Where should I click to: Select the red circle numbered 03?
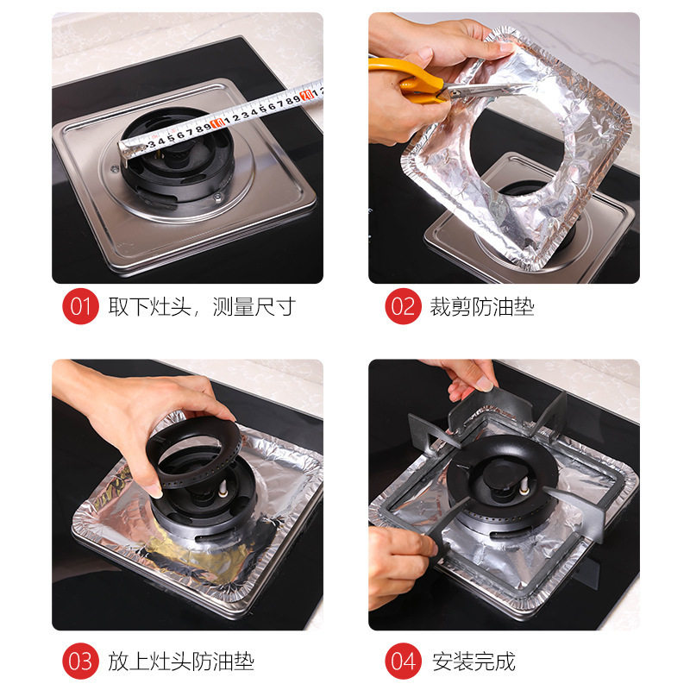(x=80, y=662)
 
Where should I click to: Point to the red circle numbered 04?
(x=401, y=662)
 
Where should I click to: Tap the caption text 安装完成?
(x=474, y=662)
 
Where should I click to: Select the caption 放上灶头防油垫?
(x=181, y=662)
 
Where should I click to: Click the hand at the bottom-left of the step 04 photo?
(x=397, y=561)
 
